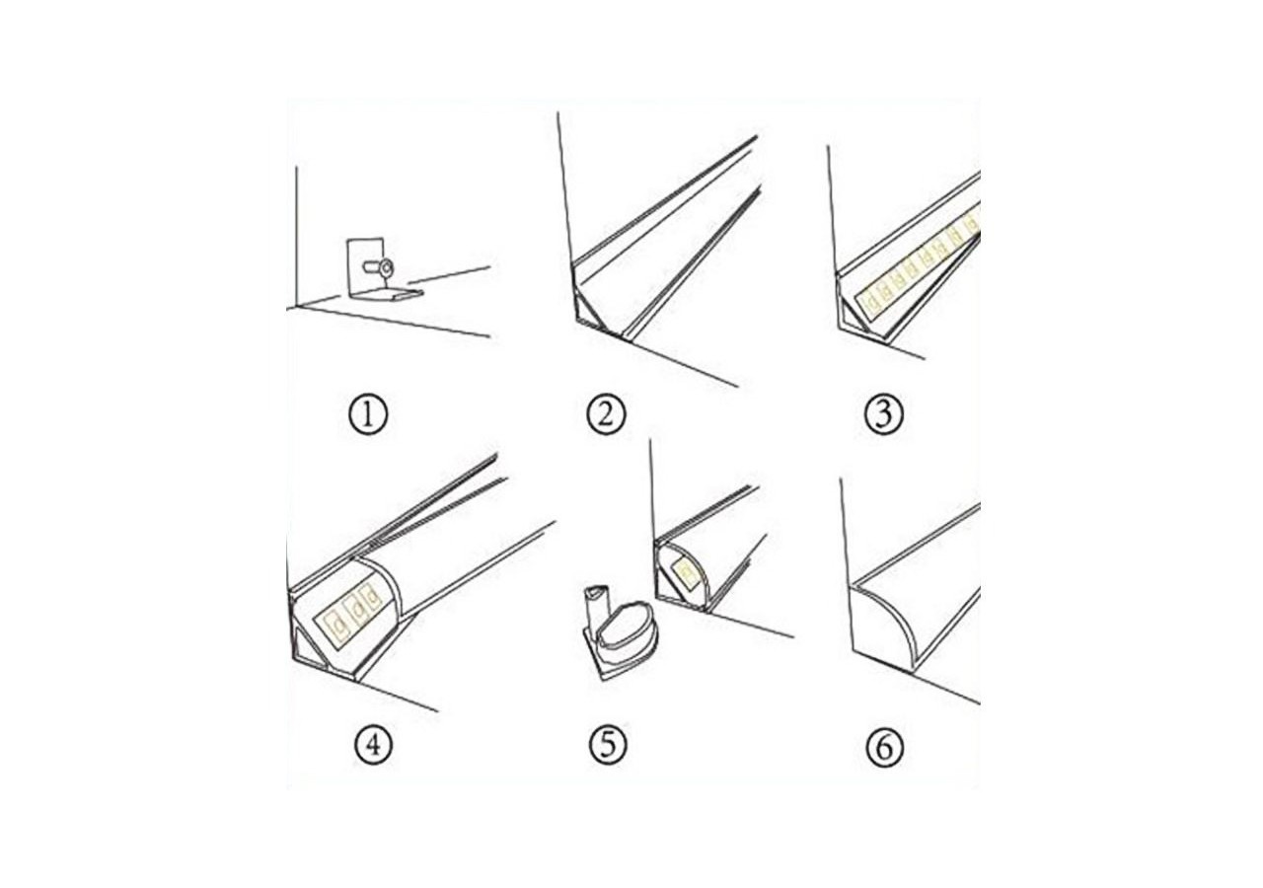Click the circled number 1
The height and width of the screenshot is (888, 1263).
coord(368,414)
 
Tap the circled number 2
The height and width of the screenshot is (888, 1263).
coord(606,414)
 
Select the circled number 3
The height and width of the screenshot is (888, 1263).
coord(882,414)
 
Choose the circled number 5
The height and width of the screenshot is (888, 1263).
coord(607,745)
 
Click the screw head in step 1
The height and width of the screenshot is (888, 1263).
coord(385,266)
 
